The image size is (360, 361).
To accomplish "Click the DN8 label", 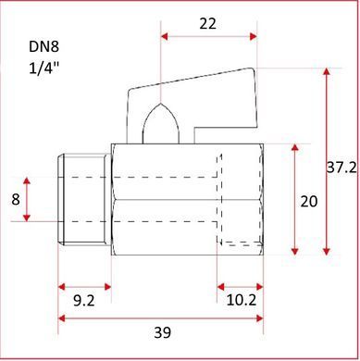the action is coord(43,47).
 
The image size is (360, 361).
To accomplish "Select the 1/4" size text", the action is coord(43,68).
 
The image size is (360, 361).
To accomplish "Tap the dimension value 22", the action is coord(208,24).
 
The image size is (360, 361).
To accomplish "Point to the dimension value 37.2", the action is coord(341,168).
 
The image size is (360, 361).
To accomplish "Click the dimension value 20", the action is coord(309,202).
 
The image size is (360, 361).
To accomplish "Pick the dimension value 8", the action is coord(16,200).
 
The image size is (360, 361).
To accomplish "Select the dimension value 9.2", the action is coord(83,300).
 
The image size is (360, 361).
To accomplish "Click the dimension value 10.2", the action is coord(242,300).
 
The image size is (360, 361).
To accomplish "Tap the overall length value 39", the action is coord(162,332).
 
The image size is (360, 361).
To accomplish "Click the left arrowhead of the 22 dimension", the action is coord(165,36).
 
